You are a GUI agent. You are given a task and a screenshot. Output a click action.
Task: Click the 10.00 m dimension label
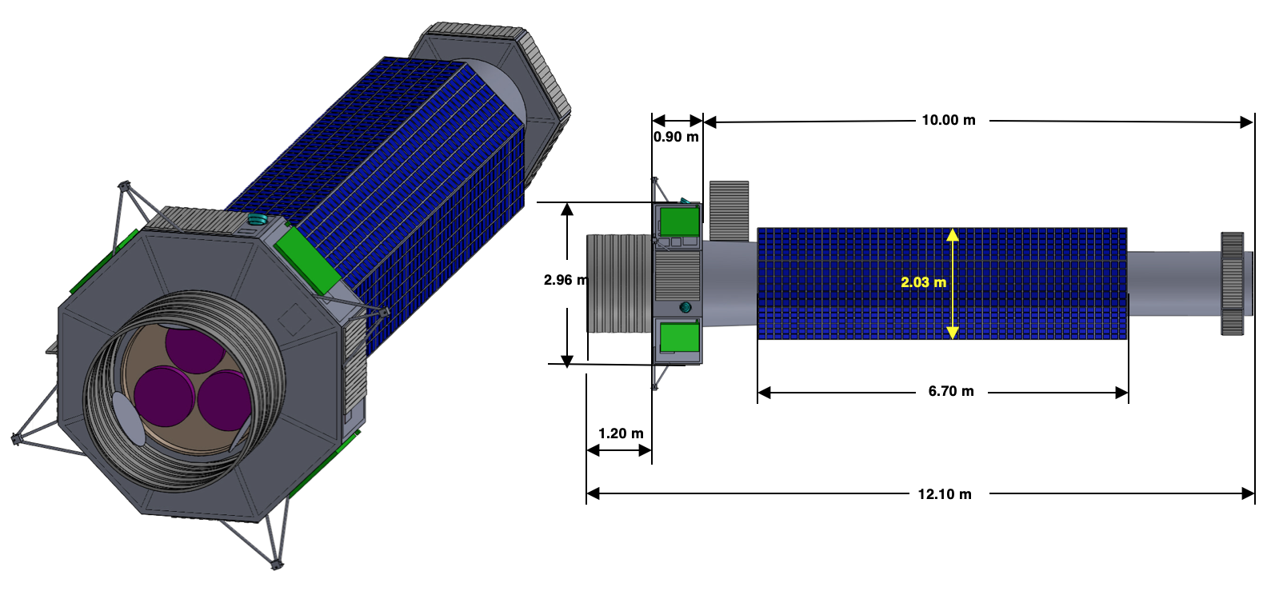[948, 120]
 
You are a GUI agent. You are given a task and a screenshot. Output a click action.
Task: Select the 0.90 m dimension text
[676, 138]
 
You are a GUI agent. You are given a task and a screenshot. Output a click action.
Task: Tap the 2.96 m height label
[566, 280]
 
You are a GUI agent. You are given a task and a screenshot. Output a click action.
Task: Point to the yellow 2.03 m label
[923, 282]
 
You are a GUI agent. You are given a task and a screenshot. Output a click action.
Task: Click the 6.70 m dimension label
[951, 391]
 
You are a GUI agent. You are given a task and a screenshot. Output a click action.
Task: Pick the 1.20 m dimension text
[621, 433]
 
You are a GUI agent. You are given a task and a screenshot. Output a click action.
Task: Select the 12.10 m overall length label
[945, 494]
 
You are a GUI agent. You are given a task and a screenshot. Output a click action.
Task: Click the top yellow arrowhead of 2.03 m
[952, 234]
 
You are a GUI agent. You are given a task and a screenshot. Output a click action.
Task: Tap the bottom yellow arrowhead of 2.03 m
[952, 333]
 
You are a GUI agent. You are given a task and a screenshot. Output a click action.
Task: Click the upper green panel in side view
[679, 222]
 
